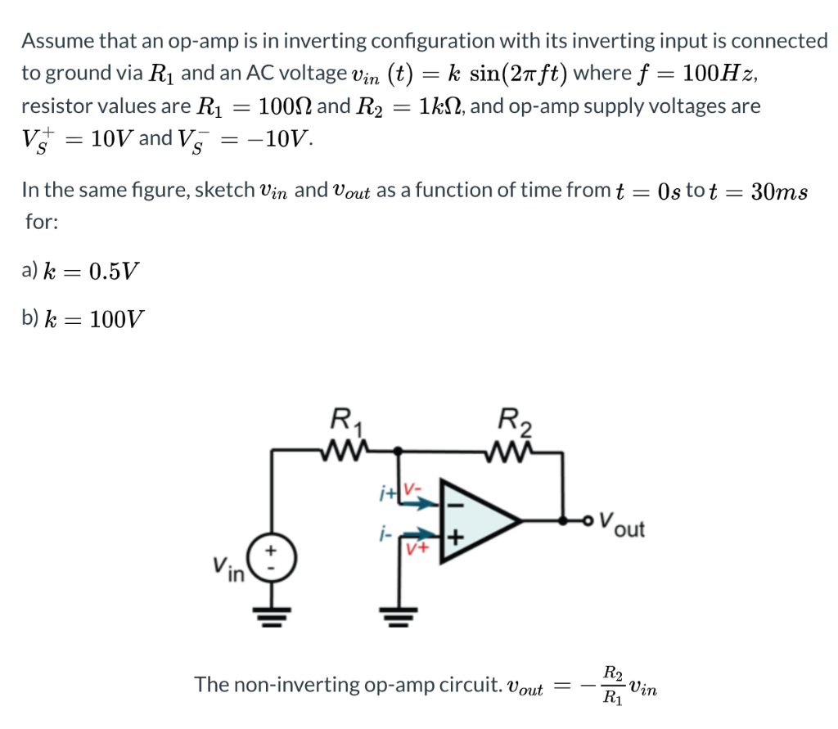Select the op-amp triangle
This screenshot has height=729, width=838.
(x=478, y=520)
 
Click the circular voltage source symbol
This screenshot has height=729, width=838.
(x=274, y=560)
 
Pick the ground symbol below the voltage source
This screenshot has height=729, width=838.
(x=274, y=615)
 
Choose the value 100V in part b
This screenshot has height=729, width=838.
(x=115, y=318)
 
